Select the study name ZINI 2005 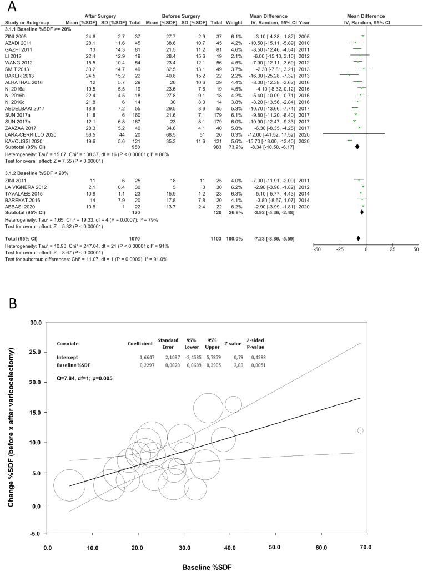point(16,35)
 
